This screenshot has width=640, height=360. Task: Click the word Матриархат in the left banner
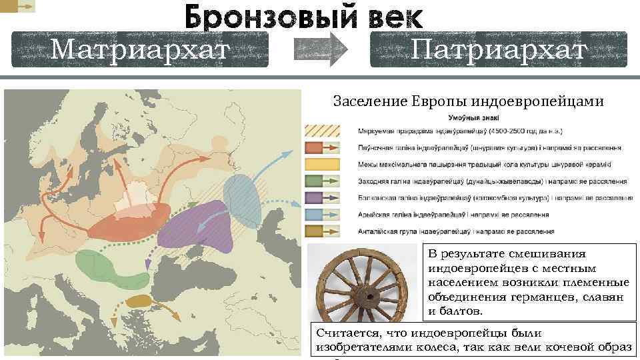139,49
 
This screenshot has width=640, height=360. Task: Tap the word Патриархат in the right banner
498,49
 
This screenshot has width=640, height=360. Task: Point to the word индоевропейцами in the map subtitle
537,102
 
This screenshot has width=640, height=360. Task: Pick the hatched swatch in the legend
322,131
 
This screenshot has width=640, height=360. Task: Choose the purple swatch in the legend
322,197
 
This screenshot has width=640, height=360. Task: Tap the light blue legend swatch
322,214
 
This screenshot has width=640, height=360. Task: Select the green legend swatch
322,181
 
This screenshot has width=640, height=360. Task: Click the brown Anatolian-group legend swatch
322,231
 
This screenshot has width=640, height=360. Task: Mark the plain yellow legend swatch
322,164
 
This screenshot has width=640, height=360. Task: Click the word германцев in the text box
535,297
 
